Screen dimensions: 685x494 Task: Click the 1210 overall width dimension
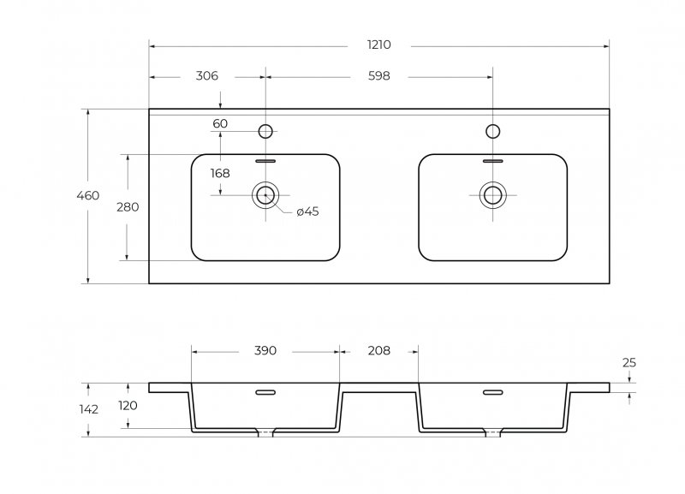[x=378, y=45]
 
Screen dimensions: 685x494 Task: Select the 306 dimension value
[x=206, y=76]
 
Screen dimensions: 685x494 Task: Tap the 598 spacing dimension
[x=378, y=76]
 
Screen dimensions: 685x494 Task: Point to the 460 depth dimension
[x=88, y=195]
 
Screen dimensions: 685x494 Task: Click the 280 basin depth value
[x=128, y=207]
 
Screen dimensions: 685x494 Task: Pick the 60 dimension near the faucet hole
[x=220, y=123]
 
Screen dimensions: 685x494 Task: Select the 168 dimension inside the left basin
[x=220, y=174]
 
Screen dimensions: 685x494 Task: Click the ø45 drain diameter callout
[x=307, y=211]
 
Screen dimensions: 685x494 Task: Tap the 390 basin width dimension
[x=265, y=351]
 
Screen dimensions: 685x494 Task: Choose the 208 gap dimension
[x=378, y=351]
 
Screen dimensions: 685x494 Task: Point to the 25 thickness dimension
[x=629, y=362]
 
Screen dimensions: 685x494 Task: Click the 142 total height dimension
[x=89, y=410]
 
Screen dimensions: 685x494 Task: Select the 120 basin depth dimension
[x=128, y=406]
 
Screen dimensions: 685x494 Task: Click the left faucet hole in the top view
[x=265, y=131]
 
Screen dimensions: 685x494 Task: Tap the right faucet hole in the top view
[x=493, y=131]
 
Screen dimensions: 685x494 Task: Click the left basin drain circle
[x=265, y=195]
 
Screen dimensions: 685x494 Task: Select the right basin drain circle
[x=493, y=195]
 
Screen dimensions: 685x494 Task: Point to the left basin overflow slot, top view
[x=265, y=161]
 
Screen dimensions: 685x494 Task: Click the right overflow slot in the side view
[x=493, y=392]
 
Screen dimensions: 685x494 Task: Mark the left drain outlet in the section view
[x=265, y=433]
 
